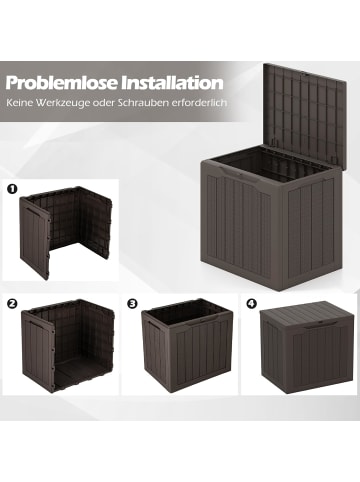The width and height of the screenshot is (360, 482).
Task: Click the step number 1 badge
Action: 13,187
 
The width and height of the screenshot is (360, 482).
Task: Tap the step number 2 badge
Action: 13,301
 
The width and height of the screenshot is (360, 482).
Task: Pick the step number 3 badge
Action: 131,301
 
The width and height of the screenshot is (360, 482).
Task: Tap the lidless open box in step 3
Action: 183,350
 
